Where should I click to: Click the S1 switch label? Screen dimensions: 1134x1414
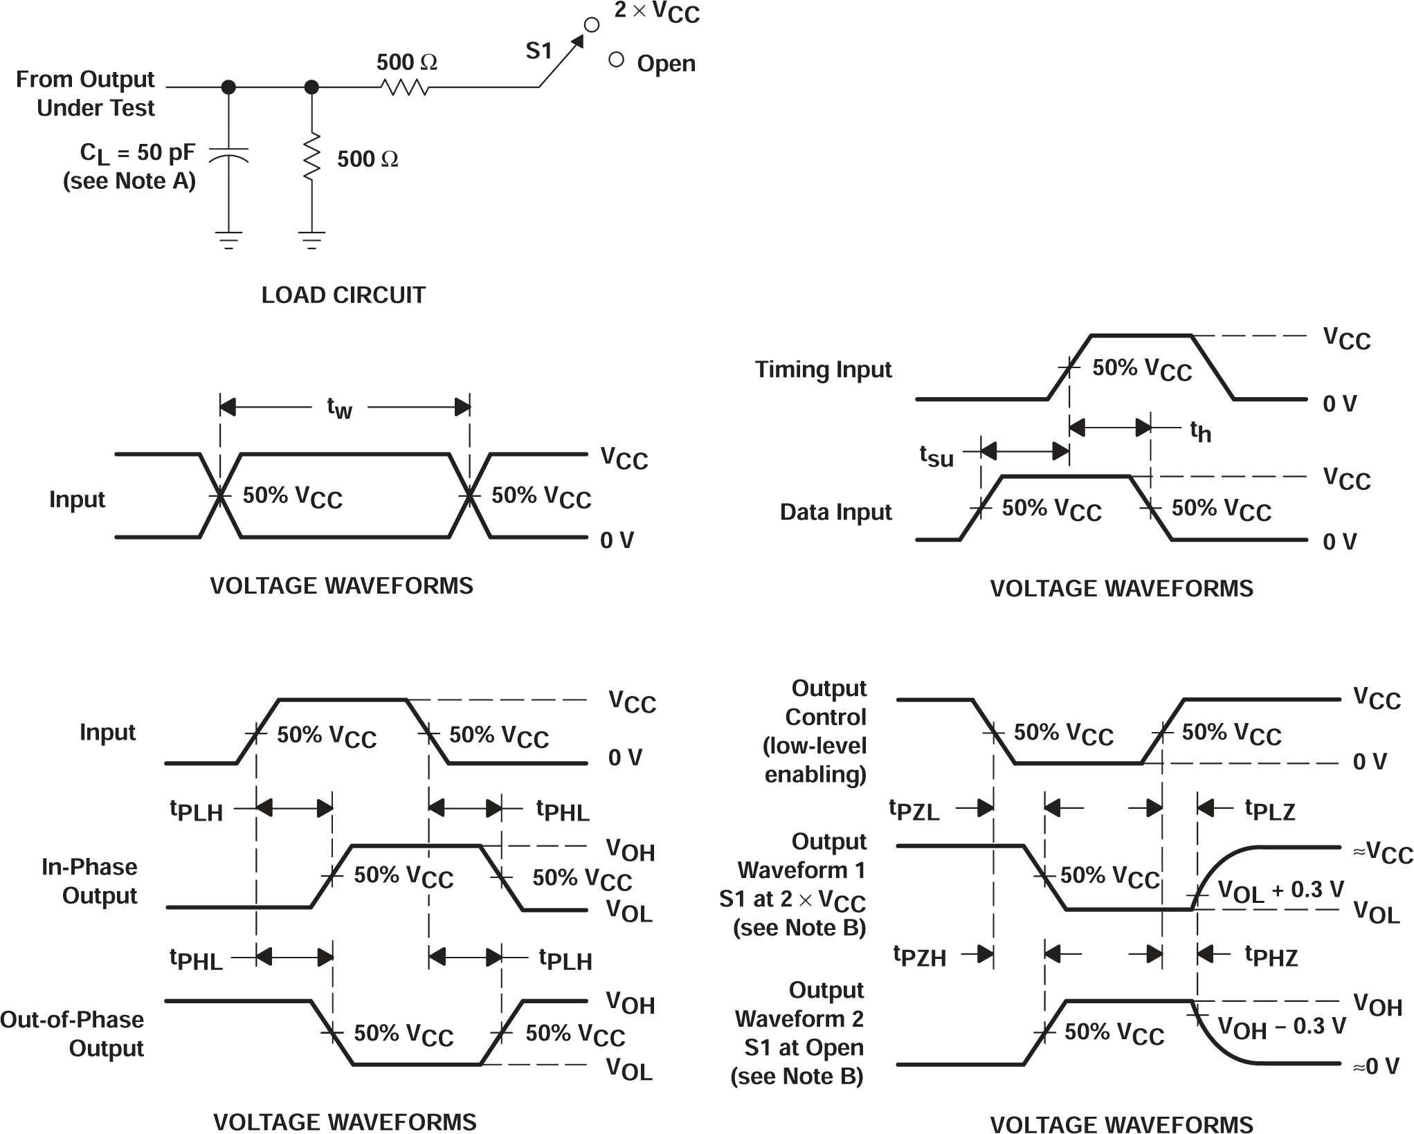click(538, 51)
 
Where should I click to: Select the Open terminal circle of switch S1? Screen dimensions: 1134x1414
click(616, 60)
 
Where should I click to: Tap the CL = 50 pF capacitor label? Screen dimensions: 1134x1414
click(137, 153)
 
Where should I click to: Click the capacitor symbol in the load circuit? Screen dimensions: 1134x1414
click(228, 154)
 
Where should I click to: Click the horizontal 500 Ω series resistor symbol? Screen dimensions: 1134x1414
click(405, 87)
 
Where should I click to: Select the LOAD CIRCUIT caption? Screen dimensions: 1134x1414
click(343, 295)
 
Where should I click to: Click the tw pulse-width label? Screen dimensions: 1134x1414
click(339, 408)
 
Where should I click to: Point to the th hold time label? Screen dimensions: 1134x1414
click(1201, 431)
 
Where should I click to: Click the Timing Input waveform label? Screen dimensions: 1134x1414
click(823, 369)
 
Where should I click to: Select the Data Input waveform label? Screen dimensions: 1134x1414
click(835, 512)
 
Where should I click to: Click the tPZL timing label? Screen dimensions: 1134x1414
click(914, 810)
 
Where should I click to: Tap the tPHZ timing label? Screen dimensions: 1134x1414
click(1271, 956)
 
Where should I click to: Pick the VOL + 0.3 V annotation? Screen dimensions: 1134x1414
click(1280, 890)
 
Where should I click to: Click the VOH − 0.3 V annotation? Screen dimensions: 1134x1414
click(1282, 1027)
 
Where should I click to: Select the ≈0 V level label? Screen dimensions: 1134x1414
click(1376, 1066)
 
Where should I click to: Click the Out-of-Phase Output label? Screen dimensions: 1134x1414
click(73, 1034)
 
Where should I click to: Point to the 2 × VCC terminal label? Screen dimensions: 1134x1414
click(657, 12)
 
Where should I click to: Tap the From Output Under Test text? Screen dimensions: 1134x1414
click(86, 93)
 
